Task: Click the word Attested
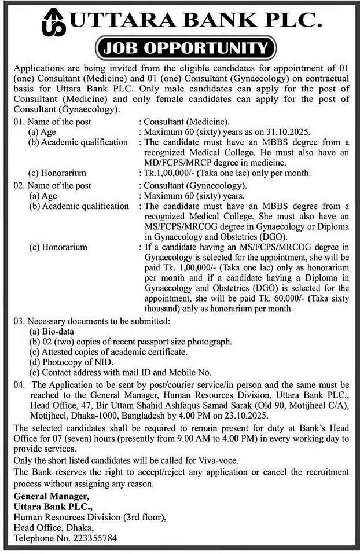pos(57,352)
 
